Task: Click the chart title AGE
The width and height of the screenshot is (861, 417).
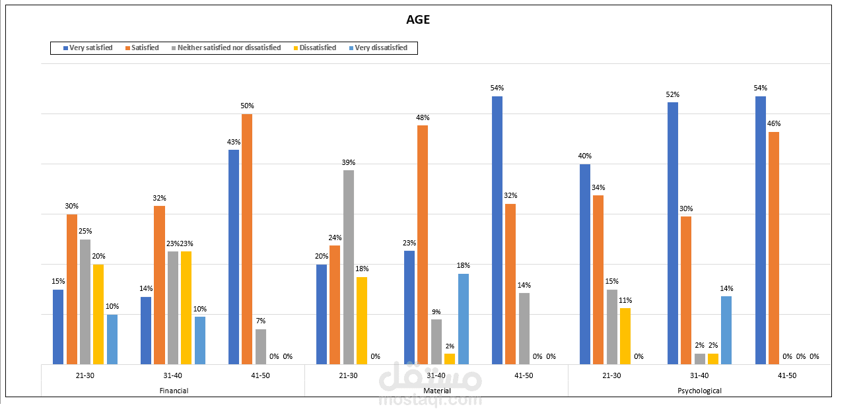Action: [418, 20]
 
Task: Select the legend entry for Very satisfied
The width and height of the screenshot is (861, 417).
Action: [88, 48]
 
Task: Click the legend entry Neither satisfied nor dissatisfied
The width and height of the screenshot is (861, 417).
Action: [226, 48]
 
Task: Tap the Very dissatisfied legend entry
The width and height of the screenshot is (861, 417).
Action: [378, 48]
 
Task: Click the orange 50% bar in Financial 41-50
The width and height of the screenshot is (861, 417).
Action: [247, 239]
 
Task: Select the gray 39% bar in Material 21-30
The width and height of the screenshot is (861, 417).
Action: [349, 267]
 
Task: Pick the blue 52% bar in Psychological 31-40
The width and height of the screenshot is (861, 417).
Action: [673, 233]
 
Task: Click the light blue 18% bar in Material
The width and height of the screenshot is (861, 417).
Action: [464, 319]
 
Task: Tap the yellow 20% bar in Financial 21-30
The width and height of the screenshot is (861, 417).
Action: [98, 314]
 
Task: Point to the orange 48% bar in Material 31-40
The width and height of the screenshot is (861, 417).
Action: [423, 245]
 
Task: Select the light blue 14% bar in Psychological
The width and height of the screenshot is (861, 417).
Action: [726, 330]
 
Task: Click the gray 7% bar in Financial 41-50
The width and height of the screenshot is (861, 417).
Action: [261, 347]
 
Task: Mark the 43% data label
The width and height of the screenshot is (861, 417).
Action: [234, 142]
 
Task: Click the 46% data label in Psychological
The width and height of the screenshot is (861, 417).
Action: [774, 123]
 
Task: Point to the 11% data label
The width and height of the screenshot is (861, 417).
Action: [625, 300]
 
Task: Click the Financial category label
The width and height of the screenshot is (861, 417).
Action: [174, 391]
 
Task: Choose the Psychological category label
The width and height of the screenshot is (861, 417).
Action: [700, 391]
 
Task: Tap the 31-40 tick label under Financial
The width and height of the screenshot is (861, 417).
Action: [172, 375]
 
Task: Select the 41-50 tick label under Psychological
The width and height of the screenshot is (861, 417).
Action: [787, 375]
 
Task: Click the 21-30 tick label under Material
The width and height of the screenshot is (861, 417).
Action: [348, 375]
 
